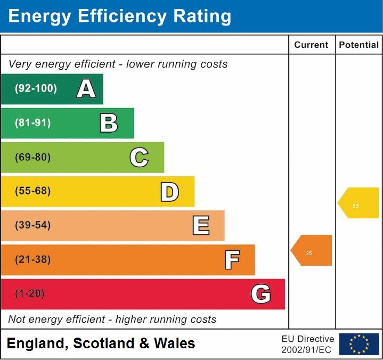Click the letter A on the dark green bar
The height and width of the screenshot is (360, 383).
click(x=86, y=89)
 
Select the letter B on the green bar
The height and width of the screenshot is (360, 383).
click(x=109, y=123)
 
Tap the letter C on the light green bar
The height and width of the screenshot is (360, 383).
click(x=139, y=157)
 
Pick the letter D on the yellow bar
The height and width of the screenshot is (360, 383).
click(x=169, y=192)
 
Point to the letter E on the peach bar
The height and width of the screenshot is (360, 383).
click(x=201, y=226)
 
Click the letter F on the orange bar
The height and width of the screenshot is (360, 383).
click(x=232, y=260)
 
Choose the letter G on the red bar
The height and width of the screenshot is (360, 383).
click(x=261, y=294)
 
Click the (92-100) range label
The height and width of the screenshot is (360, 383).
click(x=36, y=89)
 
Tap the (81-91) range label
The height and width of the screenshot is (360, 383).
click(x=33, y=123)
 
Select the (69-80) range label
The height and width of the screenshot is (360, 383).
click(x=33, y=157)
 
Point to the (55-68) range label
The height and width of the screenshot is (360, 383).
click(x=33, y=191)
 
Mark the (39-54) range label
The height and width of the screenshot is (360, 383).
click(x=33, y=225)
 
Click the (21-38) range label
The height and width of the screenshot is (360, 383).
click(x=33, y=260)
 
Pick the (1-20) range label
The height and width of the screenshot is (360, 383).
click(x=30, y=294)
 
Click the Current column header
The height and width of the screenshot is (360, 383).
click(x=311, y=45)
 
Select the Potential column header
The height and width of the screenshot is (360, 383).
click(x=358, y=45)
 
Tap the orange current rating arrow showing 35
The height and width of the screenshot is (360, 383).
click(x=312, y=250)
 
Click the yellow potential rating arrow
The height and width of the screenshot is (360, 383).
click(x=359, y=203)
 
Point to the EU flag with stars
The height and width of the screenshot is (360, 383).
click(x=359, y=344)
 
